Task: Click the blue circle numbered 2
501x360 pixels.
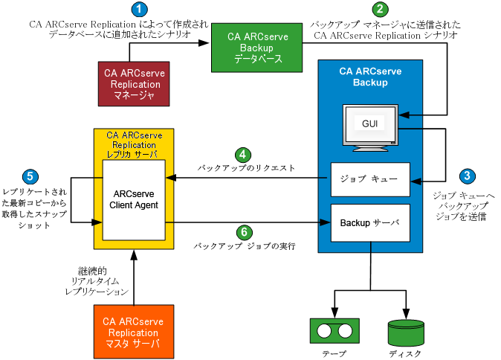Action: click(380, 10)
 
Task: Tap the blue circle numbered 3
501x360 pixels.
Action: click(467, 176)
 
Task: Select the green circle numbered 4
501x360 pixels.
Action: click(242, 155)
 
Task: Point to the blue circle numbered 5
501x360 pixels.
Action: click(30, 176)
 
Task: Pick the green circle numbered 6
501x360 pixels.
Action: click(242, 231)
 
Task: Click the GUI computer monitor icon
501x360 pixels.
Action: click(370, 126)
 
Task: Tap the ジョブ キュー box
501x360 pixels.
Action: click(370, 179)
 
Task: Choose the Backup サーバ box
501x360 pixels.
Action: click(370, 222)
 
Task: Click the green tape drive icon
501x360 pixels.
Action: click(334, 330)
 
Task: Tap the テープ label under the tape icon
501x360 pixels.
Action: click(334, 353)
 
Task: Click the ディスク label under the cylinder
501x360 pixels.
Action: click(406, 353)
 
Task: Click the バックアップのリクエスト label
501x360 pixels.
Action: click(246, 169)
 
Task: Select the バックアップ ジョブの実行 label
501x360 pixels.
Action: click(245, 245)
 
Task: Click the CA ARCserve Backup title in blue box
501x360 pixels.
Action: click(370, 77)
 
